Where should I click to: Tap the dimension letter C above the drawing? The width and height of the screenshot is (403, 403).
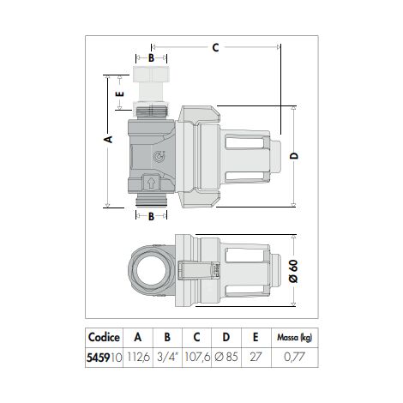[215, 48]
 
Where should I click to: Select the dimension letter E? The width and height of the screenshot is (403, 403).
[120, 97]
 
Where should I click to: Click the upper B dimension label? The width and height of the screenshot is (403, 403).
[151, 58]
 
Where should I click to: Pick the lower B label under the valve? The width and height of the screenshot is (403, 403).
[151, 216]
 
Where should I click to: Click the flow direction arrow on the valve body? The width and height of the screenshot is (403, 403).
[153, 182]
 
